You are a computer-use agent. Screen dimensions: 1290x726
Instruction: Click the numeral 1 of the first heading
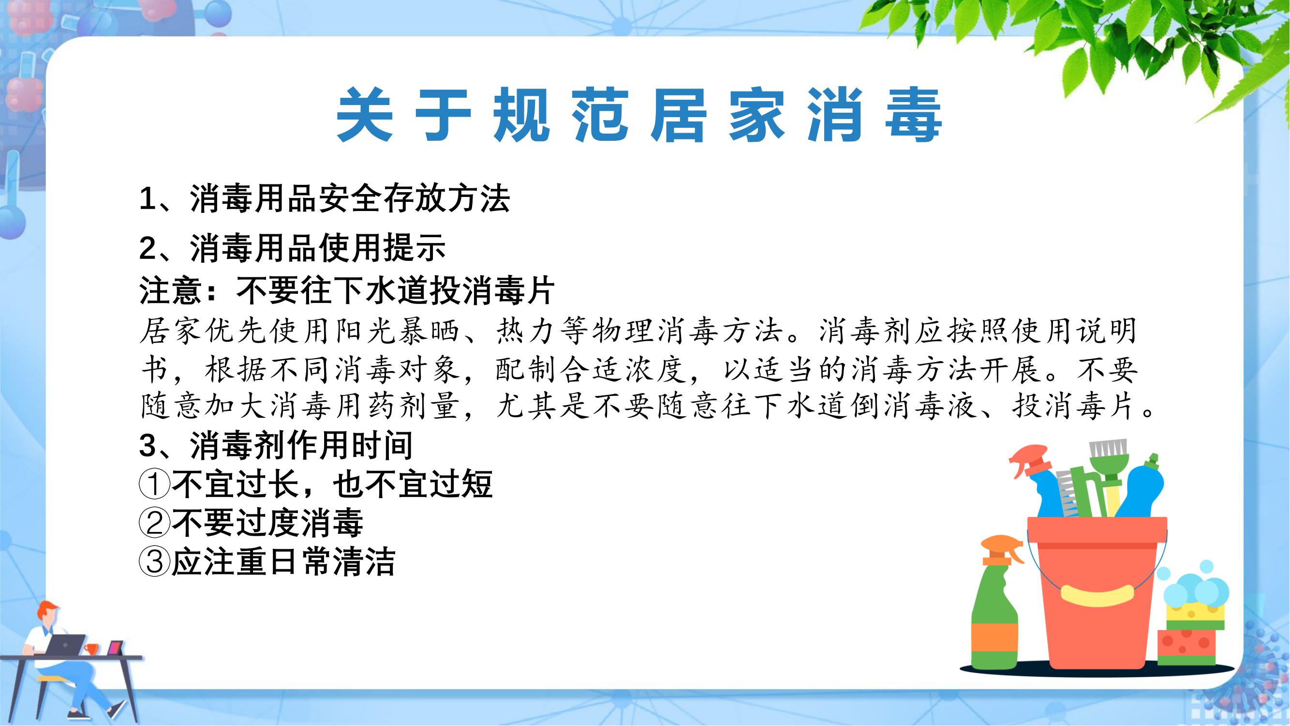tap(147, 198)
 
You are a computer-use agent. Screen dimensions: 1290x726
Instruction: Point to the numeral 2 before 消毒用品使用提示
tap(148, 248)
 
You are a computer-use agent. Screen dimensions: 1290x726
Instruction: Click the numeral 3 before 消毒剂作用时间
tap(148, 445)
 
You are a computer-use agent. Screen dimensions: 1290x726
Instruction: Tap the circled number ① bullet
tap(154, 484)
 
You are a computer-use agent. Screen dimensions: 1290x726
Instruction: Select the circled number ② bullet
tap(154, 523)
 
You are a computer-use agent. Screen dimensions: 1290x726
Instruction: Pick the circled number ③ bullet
tap(154, 561)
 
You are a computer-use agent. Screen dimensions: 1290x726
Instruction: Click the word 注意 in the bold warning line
tap(170, 290)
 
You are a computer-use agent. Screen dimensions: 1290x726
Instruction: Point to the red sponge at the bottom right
tap(1186, 646)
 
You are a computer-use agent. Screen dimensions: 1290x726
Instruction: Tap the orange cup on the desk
tap(91, 650)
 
